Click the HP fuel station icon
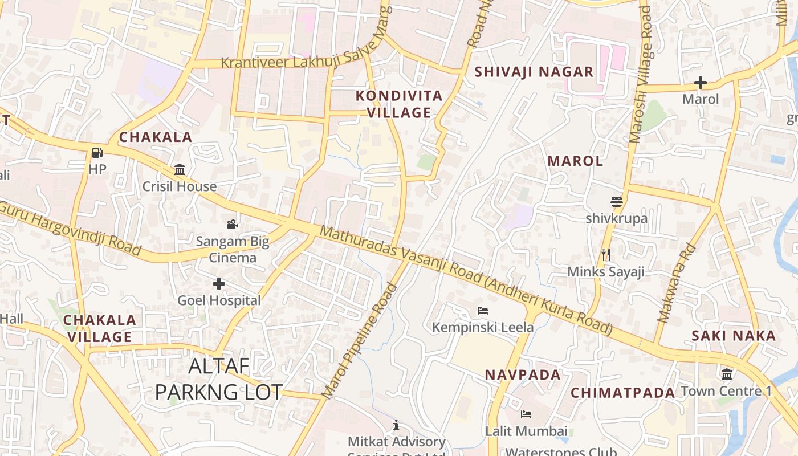(97, 153)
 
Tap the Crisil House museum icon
(180, 170)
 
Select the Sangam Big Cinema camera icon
(232, 224)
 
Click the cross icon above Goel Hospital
(219, 283)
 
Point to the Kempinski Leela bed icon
(483, 311)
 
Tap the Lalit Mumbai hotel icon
(526, 414)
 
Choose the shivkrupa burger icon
(616, 202)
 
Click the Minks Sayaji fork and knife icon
(605, 254)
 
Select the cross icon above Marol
(701, 83)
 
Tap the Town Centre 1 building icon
(727, 374)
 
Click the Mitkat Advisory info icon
(396, 425)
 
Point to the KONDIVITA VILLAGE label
(399, 104)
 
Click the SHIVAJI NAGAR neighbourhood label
(534, 72)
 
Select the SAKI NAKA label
(734, 336)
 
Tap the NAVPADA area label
(523, 375)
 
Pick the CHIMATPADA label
(623, 393)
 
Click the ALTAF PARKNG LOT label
(219, 379)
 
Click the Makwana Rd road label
(677, 283)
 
